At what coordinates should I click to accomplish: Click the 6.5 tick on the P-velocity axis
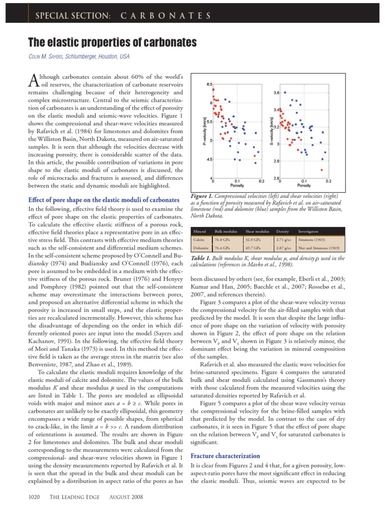(x=210, y=84)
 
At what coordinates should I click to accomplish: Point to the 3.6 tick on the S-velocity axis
(x=276, y=93)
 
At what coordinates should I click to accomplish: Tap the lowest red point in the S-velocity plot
(x=321, y=169)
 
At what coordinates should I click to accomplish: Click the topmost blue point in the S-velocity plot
(x=285, y=92)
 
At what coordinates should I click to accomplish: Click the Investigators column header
(x=308, y=231)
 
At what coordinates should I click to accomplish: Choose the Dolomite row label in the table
(x=201, y=247)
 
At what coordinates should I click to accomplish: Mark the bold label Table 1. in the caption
(x=201, y=258)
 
